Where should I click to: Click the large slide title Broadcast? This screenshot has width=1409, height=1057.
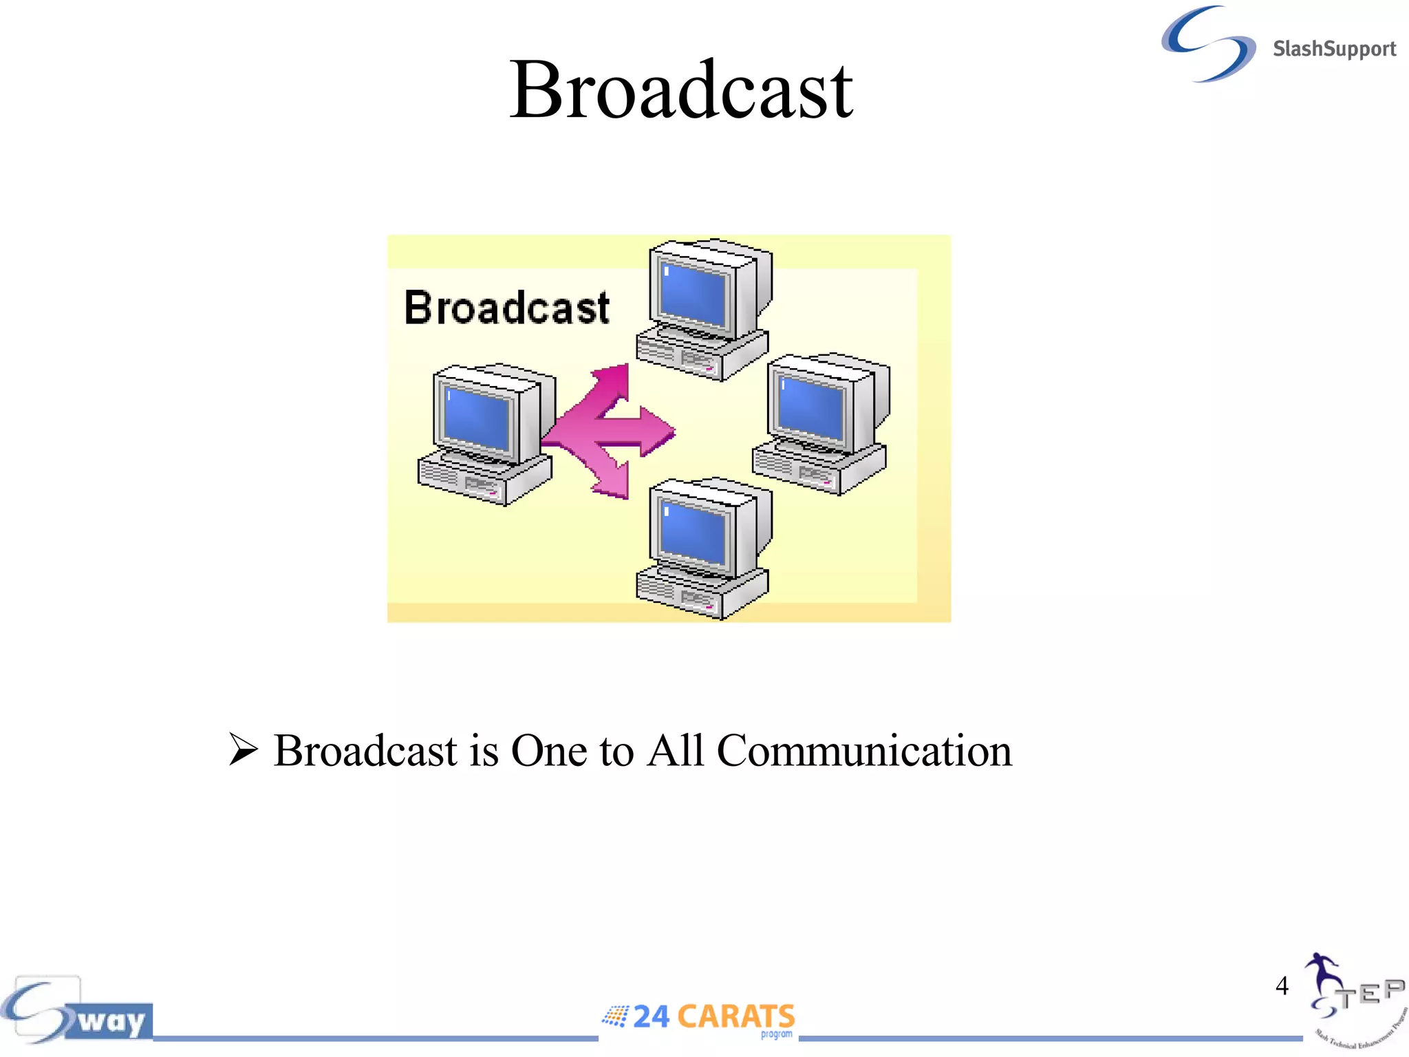coord(681,90)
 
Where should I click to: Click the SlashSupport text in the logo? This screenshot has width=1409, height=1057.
coord(1333,49)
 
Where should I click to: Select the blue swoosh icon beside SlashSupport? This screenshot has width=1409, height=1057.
coord(1208,44)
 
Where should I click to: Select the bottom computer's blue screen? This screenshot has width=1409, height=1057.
coord(693,533)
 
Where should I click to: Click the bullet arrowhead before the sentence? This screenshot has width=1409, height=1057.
coord(243,749)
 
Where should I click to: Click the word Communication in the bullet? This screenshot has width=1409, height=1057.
coord(864,750)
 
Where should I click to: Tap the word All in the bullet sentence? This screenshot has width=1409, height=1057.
coord(676,750)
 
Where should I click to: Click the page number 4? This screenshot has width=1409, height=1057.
coord(1282,985)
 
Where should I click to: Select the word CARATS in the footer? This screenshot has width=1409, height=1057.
coord(735,1016)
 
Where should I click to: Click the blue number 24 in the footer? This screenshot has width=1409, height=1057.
coord(651,1016)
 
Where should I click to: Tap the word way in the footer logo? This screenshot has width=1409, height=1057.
coord(111,1021)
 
